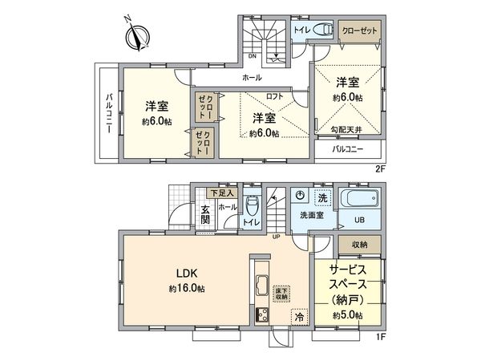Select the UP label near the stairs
(x=277, y=237)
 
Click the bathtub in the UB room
(x=362, y=200)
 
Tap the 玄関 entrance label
(x=205, y=214)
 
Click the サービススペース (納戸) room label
(x=348, y=285)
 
